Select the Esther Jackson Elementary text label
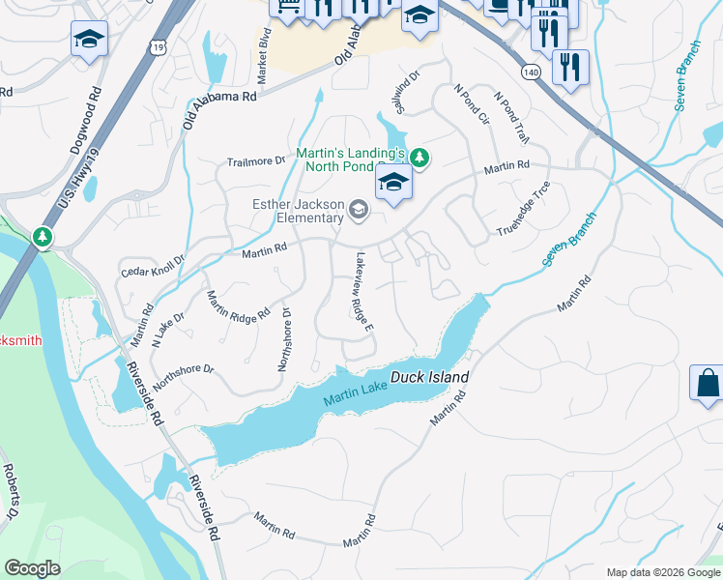coord(299,211)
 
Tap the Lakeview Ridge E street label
coord(364,293)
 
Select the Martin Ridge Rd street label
coord(238,306)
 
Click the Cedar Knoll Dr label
coord(152,266)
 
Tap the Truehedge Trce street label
coord(524,209)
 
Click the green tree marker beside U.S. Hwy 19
coord(42,237)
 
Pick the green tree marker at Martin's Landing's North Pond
coord(419,157)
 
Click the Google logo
coord(32,568)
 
